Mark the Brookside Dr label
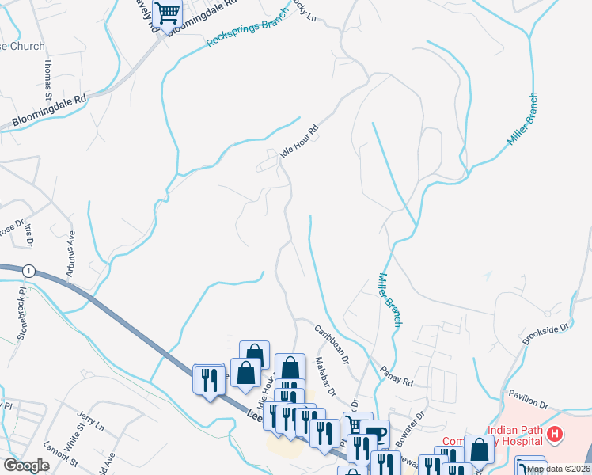(546, 332)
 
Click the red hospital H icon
(556, 434)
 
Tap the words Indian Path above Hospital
(514, 431)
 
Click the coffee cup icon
(377, 432)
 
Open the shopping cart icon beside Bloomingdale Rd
(167, 13)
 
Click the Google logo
(26, 465)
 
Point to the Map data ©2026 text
(558, 469)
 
